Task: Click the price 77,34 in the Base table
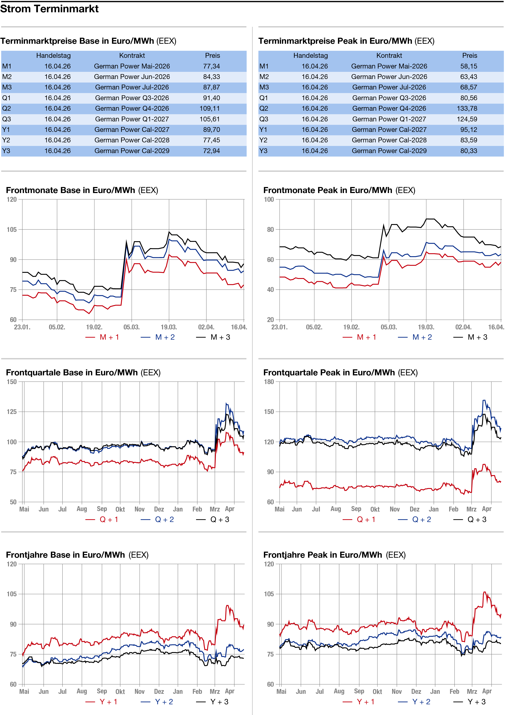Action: coord(211,66)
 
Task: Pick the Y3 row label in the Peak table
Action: coord(263,151)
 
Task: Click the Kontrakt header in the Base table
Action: coord(132,55)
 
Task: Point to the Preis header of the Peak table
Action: coord(470,55)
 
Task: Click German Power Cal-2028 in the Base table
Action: coord(132,140)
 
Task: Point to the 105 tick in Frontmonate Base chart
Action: coord(12,229)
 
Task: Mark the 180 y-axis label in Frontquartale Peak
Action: coord(269,382)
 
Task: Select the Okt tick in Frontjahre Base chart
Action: coord(120,692)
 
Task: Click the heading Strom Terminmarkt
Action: coord(50,9)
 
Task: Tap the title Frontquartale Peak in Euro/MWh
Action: coord(329,372)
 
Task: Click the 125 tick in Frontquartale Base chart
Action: coord(12,412)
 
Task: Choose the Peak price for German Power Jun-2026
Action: coord(469,77)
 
